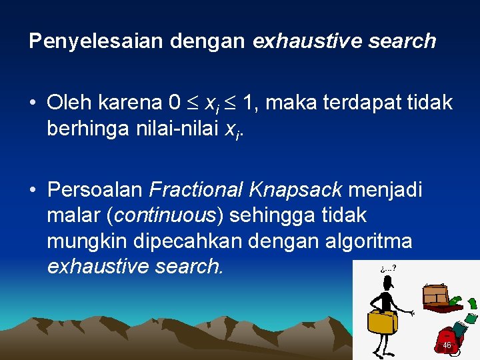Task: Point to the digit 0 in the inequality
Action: pyautogui.click(x=175, y=103)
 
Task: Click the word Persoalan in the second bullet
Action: pyautogui.click(x=95, y=190)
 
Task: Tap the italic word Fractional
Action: pyautogui.click(x=196, y=190)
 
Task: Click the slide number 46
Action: pyautogui.click(x=447, y=345)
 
